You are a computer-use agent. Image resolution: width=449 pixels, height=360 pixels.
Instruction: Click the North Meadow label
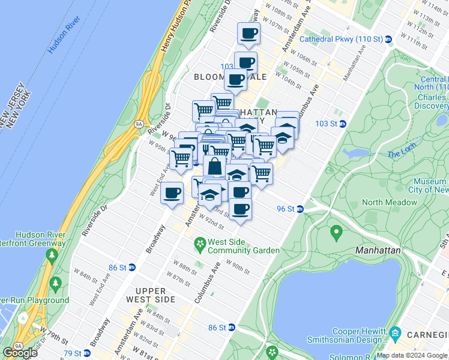[389, 202]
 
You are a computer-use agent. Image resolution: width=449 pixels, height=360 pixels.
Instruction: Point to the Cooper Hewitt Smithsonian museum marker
[395, 332]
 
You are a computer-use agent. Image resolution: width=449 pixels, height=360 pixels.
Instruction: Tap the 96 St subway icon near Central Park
[300, 209]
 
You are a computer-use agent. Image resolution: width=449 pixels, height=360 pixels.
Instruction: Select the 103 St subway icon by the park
[342, 124]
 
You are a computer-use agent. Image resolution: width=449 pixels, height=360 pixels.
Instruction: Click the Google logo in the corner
[20, 353]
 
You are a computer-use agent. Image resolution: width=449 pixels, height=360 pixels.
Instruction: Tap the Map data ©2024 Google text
[412, 356]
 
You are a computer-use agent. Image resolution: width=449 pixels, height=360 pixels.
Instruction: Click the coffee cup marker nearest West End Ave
[172, 193]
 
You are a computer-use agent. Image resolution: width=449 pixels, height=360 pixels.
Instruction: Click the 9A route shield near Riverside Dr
[139, 124]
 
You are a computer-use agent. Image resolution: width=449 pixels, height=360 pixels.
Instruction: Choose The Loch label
[398, 154]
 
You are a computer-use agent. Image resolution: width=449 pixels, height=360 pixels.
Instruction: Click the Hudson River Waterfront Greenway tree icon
[52, 256]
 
